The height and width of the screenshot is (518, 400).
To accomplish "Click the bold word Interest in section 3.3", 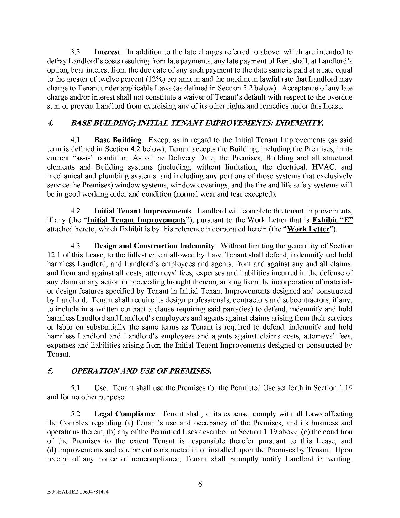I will coord(107,52).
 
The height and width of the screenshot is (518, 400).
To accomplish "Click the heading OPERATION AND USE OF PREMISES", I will coord(141,371).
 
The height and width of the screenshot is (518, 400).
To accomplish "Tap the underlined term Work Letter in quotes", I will coord(308,229).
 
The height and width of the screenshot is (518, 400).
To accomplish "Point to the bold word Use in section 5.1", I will coord(100,388).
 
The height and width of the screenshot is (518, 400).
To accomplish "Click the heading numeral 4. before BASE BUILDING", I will coord(50,123).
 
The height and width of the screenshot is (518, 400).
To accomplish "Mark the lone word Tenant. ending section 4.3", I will coord(58,354).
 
